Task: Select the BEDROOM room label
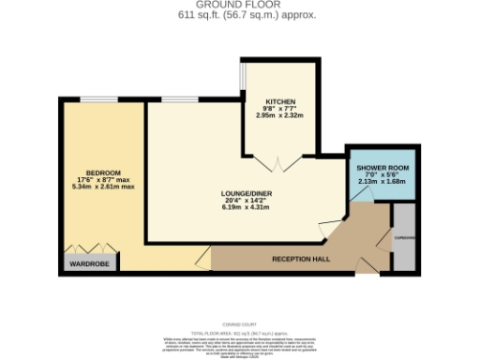[103, 172]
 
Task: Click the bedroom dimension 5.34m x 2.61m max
[103, 187]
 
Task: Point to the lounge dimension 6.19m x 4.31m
[246, 207]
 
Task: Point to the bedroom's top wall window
[104, 98]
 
